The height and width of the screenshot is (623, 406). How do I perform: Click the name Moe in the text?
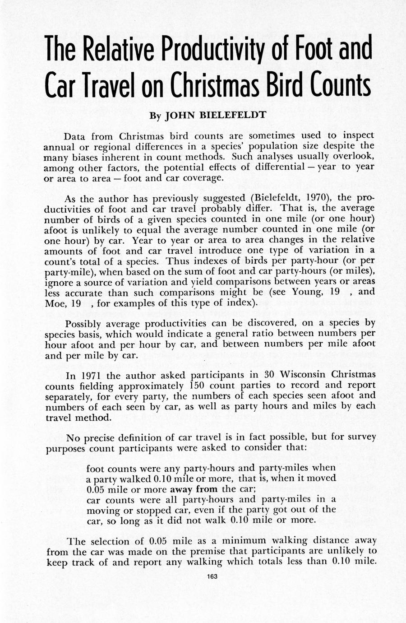(x=55, y=302)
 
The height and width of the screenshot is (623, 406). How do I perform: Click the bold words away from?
(x=194, y=489)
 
